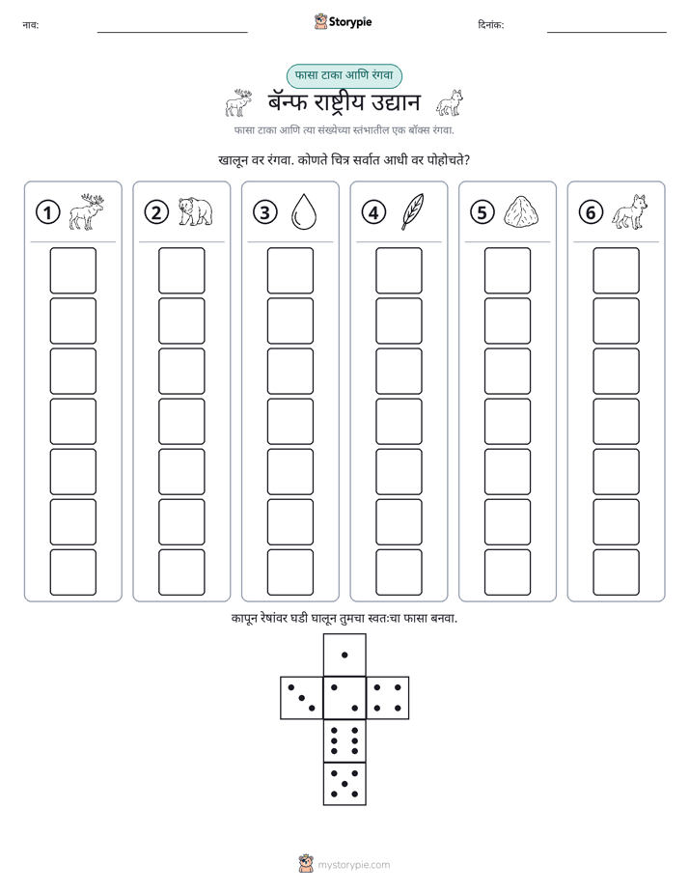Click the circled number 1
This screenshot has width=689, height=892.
[47, 212]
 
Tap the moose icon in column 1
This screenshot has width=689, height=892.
[87, 211]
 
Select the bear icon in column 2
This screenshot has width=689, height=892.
[195, 211]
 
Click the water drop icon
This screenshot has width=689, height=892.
[304, 211]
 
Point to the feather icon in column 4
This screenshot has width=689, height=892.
[412, 211]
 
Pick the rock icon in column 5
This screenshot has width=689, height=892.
[521, 211]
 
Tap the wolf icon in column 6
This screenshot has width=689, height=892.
[630, 211]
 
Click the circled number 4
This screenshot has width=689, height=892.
[373, 212]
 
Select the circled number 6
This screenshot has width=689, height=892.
[591, 212]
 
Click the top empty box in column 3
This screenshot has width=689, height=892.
[289, 270]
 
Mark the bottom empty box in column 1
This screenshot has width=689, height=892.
[72, 572]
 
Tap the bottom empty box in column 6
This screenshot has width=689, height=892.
[617, 572]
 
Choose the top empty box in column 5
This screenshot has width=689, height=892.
[508, 270]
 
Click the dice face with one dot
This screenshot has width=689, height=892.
[344, 655]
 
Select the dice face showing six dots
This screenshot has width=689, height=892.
[344, 740]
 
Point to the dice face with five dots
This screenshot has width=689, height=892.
[344, 784]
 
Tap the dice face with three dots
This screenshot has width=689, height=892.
[302, 697]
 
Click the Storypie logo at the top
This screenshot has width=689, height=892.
[343, 21]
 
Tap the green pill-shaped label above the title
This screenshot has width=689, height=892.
[344, 75]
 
